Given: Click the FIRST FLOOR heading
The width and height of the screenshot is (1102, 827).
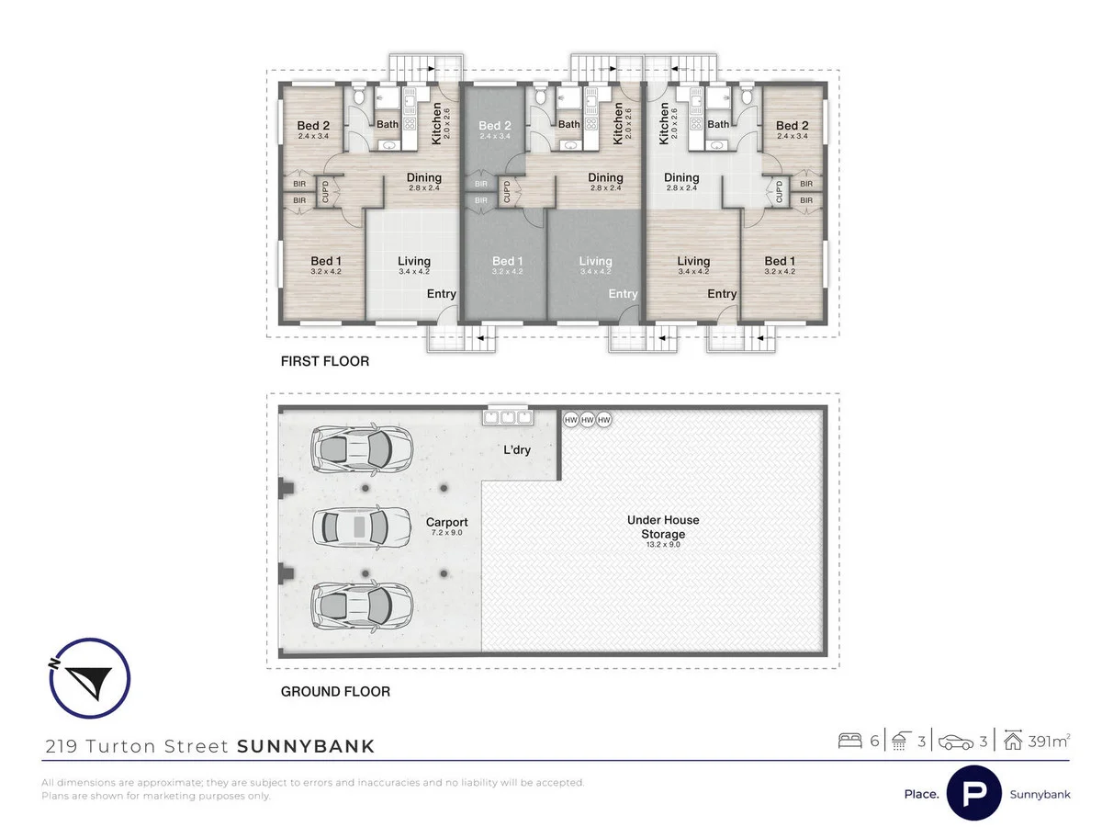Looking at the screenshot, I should (x=325, y=362).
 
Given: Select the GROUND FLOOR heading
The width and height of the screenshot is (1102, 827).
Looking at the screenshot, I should (x=335, y=691).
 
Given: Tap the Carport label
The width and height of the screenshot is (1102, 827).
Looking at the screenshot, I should (x=447, y=522).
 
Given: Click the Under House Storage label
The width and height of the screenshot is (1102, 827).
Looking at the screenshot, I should (x=662, y=527).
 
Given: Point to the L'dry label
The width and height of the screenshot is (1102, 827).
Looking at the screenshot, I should (x=517, y=450).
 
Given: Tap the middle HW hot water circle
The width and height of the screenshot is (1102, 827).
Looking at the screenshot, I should (x=587, y=419).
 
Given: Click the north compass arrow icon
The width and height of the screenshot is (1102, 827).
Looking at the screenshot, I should (x=88, y=678).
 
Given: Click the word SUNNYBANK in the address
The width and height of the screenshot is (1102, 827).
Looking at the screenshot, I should (x=306, y=746).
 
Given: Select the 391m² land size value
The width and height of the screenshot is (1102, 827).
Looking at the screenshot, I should (x=1045, y=742).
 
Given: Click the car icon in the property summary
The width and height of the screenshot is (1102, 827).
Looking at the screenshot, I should (x=955, y=742).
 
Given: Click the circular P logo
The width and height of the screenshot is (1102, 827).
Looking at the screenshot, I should (x=973, y=793).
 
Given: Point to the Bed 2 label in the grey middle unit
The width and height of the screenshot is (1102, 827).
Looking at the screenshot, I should (x=494, y=126).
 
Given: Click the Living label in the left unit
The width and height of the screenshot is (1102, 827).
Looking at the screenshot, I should (x=413, y=261).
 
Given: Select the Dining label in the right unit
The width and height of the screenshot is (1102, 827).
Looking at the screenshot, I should (x=681, y=177).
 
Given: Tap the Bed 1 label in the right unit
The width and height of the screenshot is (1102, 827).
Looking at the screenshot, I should (x=782, y=261).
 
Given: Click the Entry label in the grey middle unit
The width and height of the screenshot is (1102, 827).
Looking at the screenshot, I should (x=623, y=294).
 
